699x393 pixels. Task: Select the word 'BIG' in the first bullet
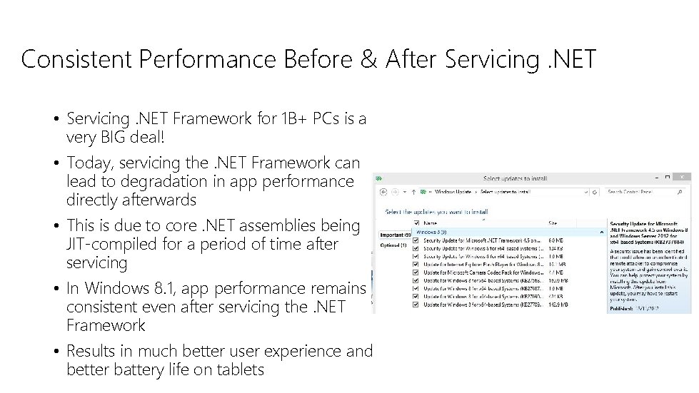pyautogui.click(x=121, y=136)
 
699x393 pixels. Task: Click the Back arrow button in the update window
pyautogui.click(x=383, y=192)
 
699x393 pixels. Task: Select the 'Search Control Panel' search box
pyautogui.click(x=646, y=192)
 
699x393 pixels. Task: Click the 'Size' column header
pyautogui.click(x=553, y=223)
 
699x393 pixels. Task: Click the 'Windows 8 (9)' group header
pyautogui.click(x=431, y=232)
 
